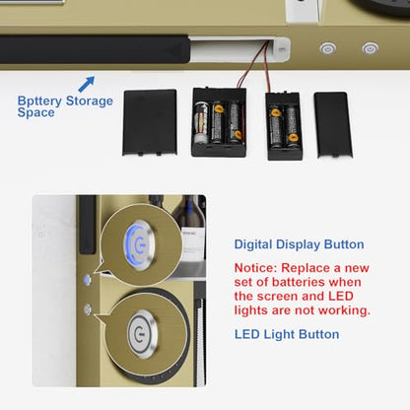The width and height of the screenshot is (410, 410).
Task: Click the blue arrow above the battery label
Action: click(x=87, y=84)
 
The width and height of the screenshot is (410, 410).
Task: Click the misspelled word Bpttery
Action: click(x=39, y=102)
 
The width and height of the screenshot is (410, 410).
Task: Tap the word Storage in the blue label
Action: click(x=90, y=102)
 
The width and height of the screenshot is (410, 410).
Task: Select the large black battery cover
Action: click(x=150, y=122)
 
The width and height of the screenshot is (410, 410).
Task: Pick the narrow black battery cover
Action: click(x=333, y=125)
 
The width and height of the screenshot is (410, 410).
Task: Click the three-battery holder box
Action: click(x=219, y=122)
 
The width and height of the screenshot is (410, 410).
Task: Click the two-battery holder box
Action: click(x=284, y=126)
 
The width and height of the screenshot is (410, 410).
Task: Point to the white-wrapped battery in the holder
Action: click(x=201, y=123)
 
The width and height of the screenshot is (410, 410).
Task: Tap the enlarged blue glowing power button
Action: click(x=140, y=244)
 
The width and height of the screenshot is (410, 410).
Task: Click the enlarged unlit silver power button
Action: click(x=142, y=333)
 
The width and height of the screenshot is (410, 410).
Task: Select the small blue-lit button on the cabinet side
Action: click(x=87, y=280)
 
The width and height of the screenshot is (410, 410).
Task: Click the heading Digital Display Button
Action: click(x=299, y=244)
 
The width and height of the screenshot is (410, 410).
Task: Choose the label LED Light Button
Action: click(x=287, y=334)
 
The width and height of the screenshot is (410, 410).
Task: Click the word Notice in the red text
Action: click(x=256, y=268)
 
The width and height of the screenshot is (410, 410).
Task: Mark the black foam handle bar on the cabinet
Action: click(x=95, y=49)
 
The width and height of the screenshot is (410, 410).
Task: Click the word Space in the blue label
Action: click(x=36, y=112)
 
